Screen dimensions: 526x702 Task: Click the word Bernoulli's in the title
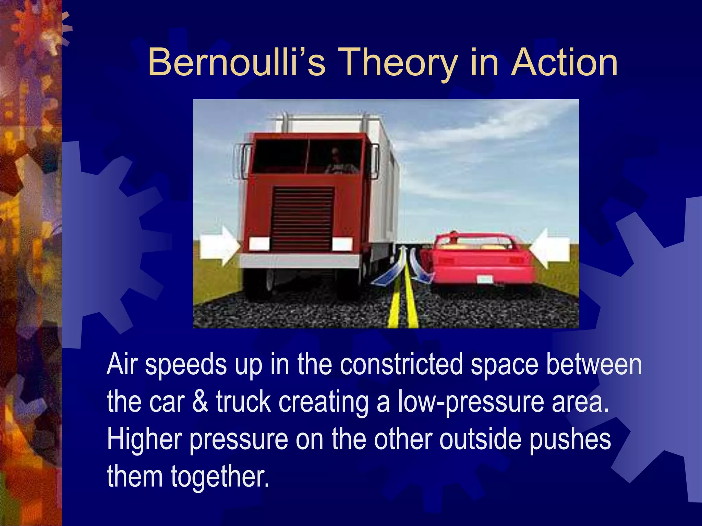[x=236, y=63]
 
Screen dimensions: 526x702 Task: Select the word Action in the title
[x=564, y=63]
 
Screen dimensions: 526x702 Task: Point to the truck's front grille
[x=302, y=218]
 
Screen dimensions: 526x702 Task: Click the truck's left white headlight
[x=259, y=243]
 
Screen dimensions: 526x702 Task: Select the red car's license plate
[x=485, y=279]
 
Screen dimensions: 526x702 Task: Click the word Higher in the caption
[x=144, y=440]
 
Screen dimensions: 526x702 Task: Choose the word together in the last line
[x=219, y=477]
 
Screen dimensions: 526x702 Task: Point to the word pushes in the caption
[x=570, y=440]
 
